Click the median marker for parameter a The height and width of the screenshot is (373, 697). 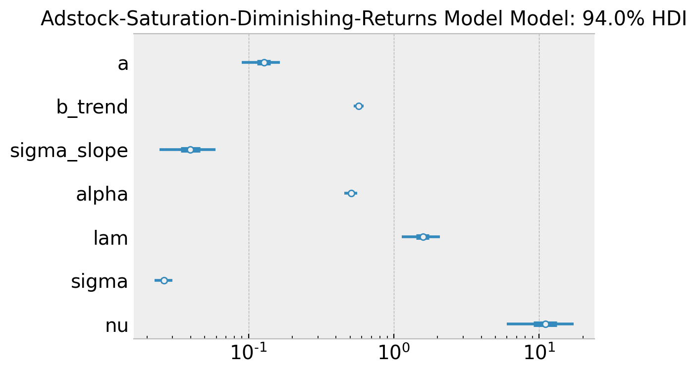(x=264, y=62)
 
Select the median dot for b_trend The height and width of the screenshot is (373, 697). (x=359, y=106)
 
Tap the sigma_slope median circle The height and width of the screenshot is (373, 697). (x=190, y=150)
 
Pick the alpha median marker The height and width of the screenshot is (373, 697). (x=351, y=193)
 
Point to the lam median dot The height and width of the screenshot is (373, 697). (x=423, y=237)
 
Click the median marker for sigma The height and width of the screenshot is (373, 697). (x=164, y=280)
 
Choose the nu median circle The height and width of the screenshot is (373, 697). (x=545, y=324)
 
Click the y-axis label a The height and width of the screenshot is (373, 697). (x=123, y=63)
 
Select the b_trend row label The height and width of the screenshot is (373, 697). (x=92, y=107)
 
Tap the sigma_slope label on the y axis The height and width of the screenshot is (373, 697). (x=69, y=151)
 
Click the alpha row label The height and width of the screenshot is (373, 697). (x=102, y=194)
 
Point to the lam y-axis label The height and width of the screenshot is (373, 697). (x=110, y=238)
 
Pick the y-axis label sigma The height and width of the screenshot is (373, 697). (x=100, y=281)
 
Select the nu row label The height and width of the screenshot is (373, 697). (x=117, y=325)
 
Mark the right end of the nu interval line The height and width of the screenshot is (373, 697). (x=573, y=324)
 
